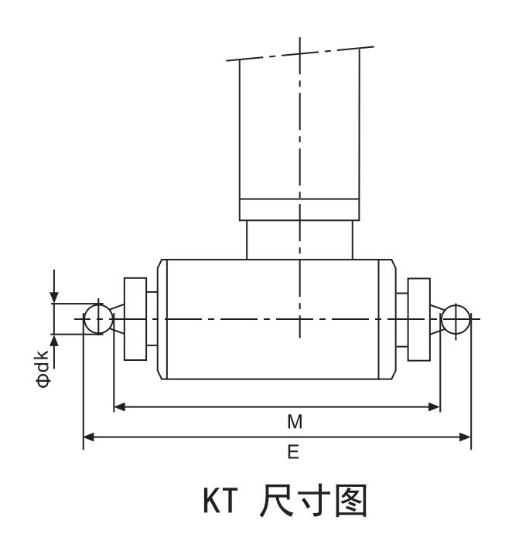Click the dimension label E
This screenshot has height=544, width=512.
pyautogui.click(x=293, y=453)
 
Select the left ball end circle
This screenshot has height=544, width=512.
pyautogui.click(x=97, y=319)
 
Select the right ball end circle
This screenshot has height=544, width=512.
pyautogui.click(x=456, y=319)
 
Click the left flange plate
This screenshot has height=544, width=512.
pyautogui.click(x=135, y=319)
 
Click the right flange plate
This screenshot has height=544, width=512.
pyautogui.click(x=418, y=319)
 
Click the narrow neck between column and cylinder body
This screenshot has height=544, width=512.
pyautogui.click(x=299, y=240)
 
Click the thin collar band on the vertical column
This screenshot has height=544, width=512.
pyautogui.click(x=299, y=210)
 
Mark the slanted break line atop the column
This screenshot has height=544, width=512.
pyautogui.click(x=299, y=54)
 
